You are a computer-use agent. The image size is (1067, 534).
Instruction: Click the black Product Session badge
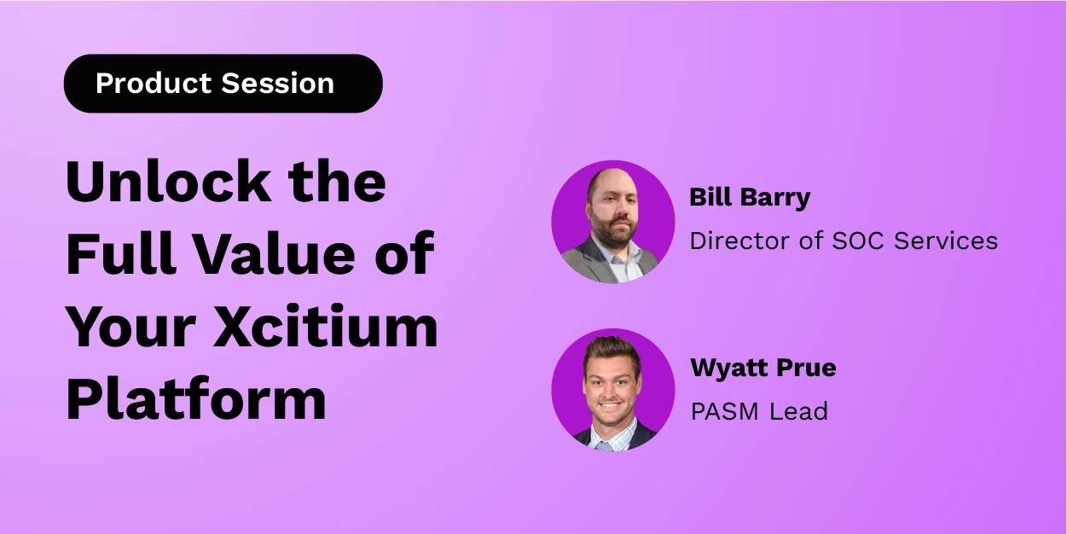click(223, 84)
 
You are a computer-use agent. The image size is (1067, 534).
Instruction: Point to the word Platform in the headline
click(196, 398)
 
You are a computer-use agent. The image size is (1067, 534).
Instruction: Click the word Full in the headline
click(119, 253)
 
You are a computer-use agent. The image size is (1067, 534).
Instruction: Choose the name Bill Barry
click(750, 198)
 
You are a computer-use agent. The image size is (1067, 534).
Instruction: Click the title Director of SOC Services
click(844, 241)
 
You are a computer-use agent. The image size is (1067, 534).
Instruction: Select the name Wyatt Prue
click(763, 368)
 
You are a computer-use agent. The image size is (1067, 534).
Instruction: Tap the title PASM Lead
click(758, 411)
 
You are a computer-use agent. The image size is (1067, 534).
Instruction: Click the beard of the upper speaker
click(612, 232)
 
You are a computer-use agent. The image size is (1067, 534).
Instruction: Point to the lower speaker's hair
click(612, 348)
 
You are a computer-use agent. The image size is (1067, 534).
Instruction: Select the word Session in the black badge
click(277, 84)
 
